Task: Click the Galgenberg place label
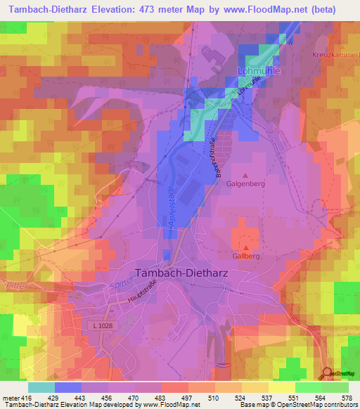(245, 186)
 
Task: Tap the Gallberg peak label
(245, 257)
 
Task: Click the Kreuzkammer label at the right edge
(335, 54)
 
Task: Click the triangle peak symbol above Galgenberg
(245, 175)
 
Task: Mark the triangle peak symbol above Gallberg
(245, 247)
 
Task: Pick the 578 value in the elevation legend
(345, 398)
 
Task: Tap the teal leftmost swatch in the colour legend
(41, 387)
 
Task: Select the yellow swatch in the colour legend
(281, 387)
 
